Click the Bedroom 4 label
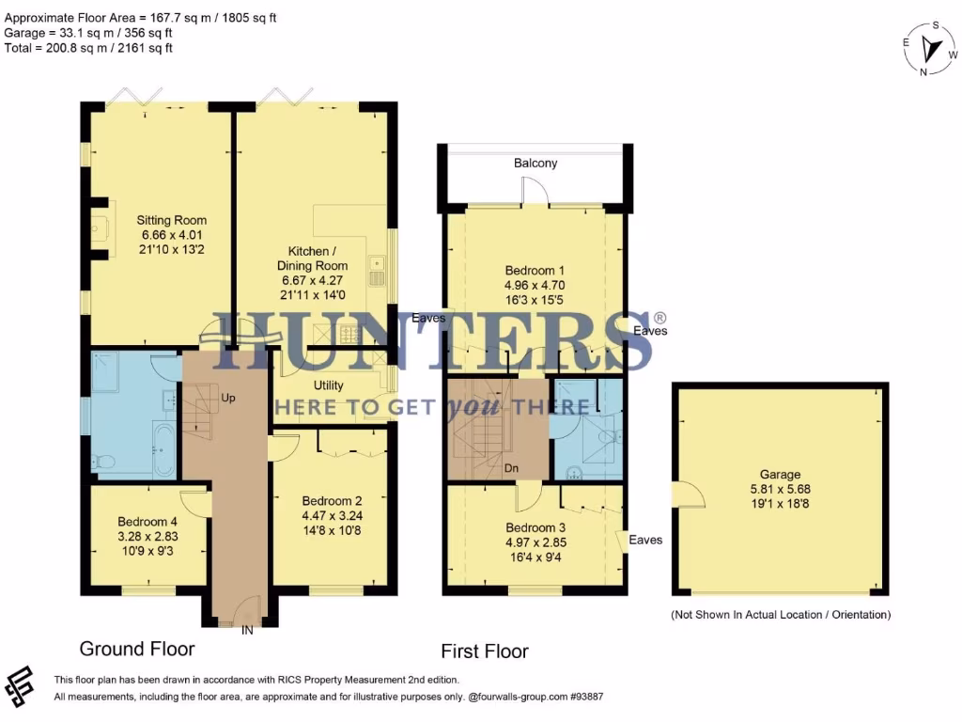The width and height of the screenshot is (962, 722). [x=147, y=522]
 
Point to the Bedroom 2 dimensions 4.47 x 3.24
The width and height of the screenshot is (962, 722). [x=332, y=516]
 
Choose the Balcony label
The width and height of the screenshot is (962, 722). [x=535, y=164]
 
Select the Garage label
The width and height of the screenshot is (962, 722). [x=781, y=475]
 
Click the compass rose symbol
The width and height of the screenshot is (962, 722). [x=931, y=48]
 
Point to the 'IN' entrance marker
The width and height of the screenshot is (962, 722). [x=247, y=628]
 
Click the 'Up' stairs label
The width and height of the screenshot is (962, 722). [x=227, y=398]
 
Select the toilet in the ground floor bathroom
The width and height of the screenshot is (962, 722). [x=102, y=462]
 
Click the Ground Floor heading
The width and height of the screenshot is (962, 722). [x=137, y=649]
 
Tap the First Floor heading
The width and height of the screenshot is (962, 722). [x=485, y=651]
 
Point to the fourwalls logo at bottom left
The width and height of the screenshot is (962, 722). [x=21, y=687]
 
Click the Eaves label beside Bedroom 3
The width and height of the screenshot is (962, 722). [x=645, y=540]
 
